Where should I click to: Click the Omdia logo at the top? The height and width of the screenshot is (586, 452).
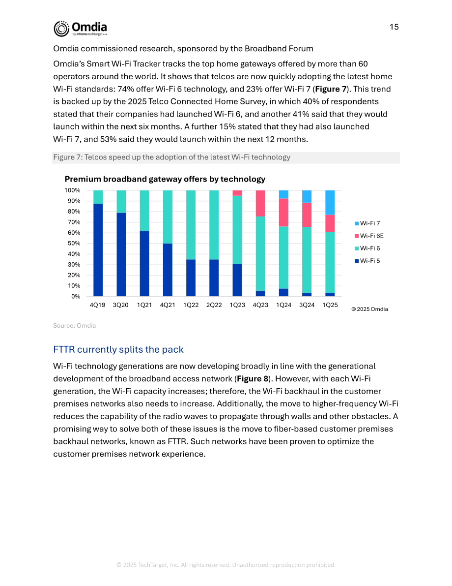point(80,29)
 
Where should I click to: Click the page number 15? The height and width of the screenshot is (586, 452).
point(394,27)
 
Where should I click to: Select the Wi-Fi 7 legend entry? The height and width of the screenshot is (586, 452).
point(367,223)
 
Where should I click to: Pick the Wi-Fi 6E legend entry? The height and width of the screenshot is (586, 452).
point(369,236)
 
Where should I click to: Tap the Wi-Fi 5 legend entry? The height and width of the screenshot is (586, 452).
point(367,261)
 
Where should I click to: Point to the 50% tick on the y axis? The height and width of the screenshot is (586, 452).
point(74,243)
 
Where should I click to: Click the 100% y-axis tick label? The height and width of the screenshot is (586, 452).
point(72,190)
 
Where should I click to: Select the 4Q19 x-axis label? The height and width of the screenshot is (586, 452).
point(97,305)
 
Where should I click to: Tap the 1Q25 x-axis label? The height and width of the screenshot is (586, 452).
point(330,305)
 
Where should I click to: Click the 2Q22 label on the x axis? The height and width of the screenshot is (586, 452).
point(214,305)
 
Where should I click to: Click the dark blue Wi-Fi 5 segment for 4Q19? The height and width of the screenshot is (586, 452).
point(98,250)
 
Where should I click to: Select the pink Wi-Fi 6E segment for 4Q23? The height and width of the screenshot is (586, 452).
point(260,204)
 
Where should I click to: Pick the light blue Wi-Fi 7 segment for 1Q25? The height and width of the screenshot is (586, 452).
point(330,203)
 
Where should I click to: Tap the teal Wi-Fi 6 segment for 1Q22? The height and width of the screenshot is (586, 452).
point(191,225)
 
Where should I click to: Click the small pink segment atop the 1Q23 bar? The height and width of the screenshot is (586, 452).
point(237,193)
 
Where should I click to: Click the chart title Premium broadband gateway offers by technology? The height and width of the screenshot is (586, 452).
point(165,179)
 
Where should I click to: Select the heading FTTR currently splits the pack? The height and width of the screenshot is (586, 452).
point(118,349)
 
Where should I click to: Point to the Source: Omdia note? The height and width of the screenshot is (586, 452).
point(74,326)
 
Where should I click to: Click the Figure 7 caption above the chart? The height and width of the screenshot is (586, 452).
point(171,157)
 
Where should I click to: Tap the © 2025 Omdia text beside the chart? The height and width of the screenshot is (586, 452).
point(369,309)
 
